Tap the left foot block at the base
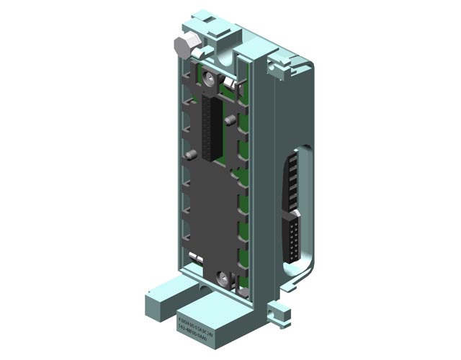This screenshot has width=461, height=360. pyautogui.click(x=160, y=294)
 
